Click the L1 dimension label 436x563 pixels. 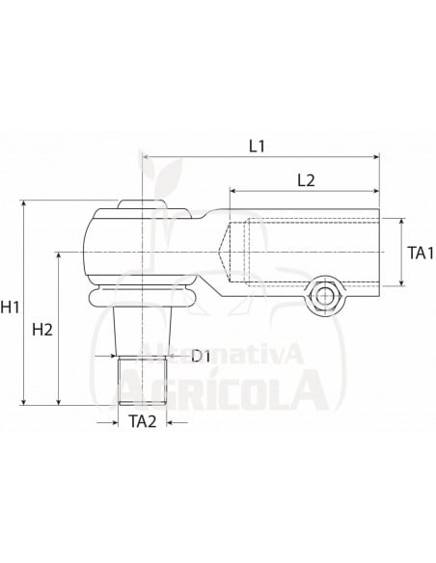coord(258,147)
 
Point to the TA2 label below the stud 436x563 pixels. coord(143,421)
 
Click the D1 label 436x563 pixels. coord(202,358)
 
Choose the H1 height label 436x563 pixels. coord(13,308)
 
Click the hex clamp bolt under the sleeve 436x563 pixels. coord(325,295)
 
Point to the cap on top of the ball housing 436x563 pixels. coord(132,203)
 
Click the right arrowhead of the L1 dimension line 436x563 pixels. coord(376,157)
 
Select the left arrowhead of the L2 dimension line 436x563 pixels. coord(232,190)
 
